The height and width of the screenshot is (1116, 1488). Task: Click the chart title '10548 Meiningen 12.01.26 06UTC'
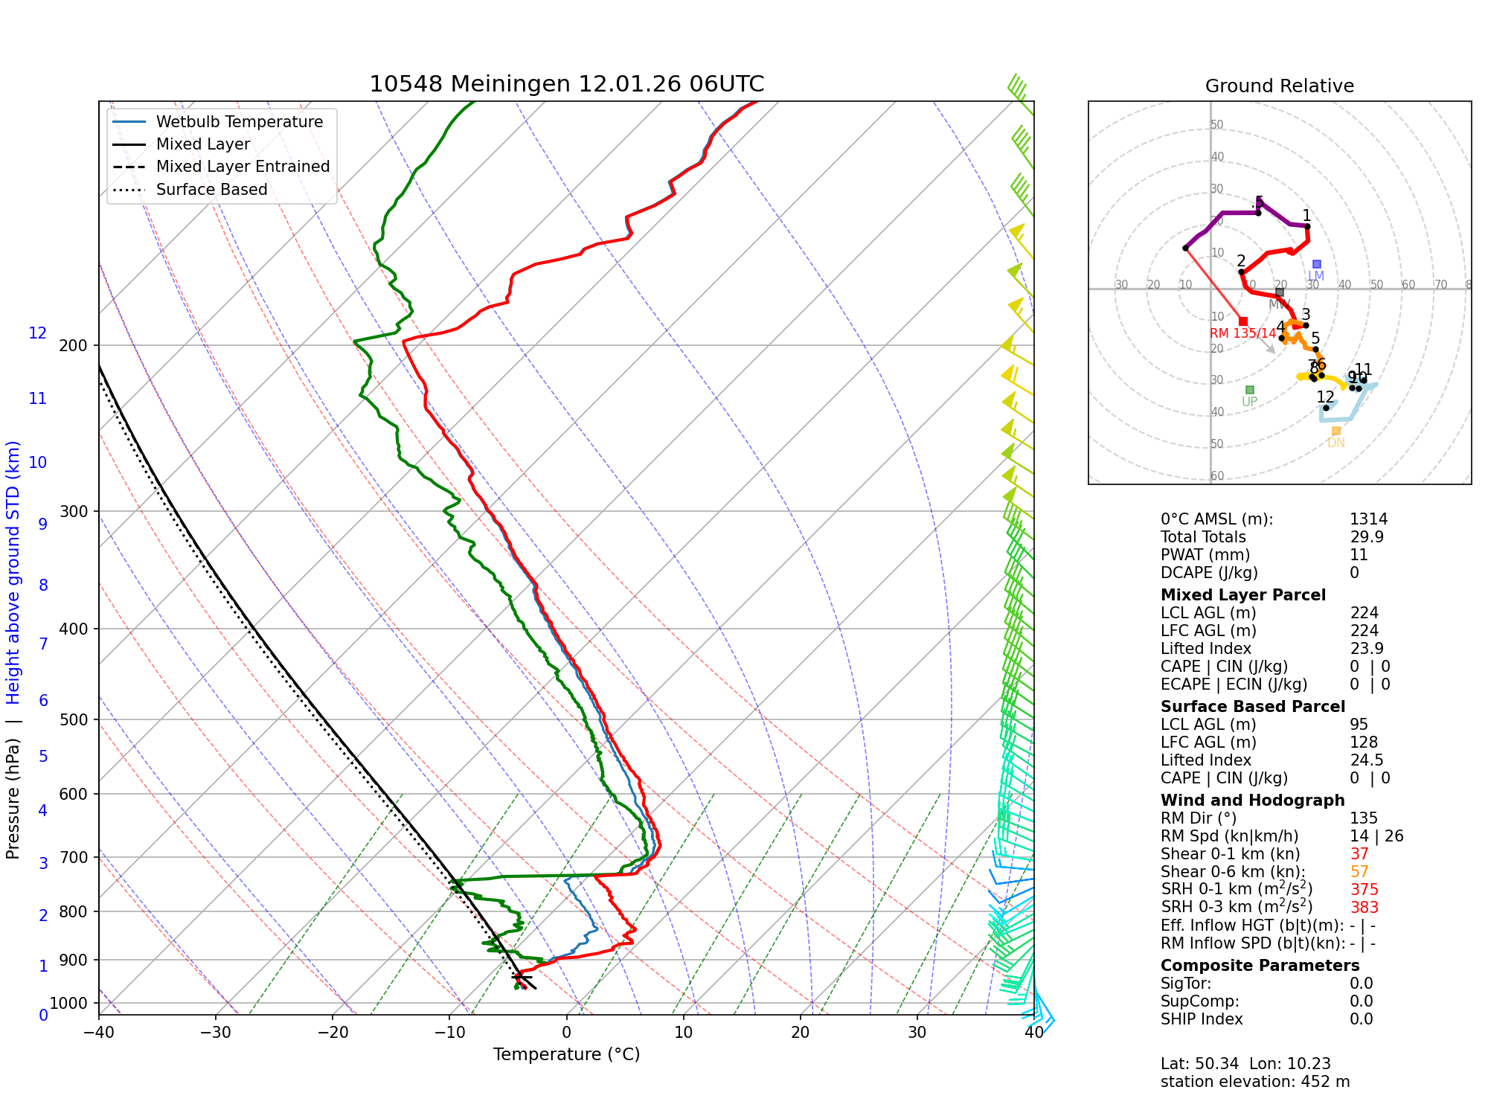point(566,84)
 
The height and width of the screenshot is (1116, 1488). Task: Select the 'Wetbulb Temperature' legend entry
point(239,122)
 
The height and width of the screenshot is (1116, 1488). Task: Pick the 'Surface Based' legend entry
point(211,190)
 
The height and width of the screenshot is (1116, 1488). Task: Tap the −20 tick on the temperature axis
point(333,1033)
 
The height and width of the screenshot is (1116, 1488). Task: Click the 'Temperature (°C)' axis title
point(566,1054)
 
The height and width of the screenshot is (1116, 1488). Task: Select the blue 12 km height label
point(38,333)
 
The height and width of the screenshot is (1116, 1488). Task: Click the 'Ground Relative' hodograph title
point(1279,86)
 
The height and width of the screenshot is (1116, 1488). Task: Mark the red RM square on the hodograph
point(1243,321)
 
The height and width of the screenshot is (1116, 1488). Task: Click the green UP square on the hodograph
point(1250,390)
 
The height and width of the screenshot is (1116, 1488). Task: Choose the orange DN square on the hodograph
point(1335,431)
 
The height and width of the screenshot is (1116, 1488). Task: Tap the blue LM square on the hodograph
point(1316,264)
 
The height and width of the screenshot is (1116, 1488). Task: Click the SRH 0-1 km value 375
point(1364,890)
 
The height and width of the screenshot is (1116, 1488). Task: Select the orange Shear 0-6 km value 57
point(1359,872)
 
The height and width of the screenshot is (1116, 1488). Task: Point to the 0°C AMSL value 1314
point(1368,519)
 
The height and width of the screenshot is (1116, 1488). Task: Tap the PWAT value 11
point(1359,555)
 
